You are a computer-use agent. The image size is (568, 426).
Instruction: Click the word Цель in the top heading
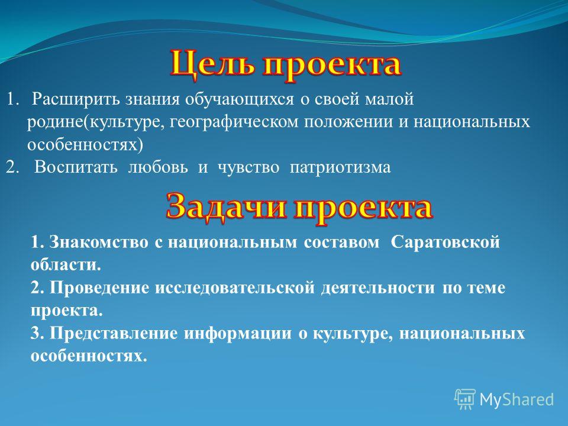pyautogui.click(x=213, y=65)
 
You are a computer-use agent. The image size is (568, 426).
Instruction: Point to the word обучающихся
pyautogui.click(x=240, y=99)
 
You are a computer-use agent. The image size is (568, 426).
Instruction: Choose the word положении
pyautogui.click(x=348, y=122)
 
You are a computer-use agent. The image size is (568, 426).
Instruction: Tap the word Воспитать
pyautogui.click(x=76, y=167)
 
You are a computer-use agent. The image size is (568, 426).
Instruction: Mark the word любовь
pyautogui.click(x=158, y=167)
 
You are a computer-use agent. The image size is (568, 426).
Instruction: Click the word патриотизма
pyautogui.click(x=340, y=167)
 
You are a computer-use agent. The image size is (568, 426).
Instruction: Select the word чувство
pyautogui.click(x=248, y=167)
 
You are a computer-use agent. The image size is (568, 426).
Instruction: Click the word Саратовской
pyautogui.click(x=445, y=242)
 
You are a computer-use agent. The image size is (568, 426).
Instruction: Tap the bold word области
pyautogui.click(x=66, y=265)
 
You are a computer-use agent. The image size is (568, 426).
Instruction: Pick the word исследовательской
pyautogui.click(x=235, y=288)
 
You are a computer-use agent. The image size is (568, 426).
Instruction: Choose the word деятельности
pyautogui.click(x=378, y=288)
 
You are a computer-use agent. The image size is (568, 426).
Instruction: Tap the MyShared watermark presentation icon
pyautogui.click(x=465, y=399)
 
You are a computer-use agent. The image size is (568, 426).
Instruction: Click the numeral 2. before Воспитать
pyautogui.click(x=12, y=167)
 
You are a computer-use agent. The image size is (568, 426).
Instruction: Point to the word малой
pyautogui.click(x=389, y=99)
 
